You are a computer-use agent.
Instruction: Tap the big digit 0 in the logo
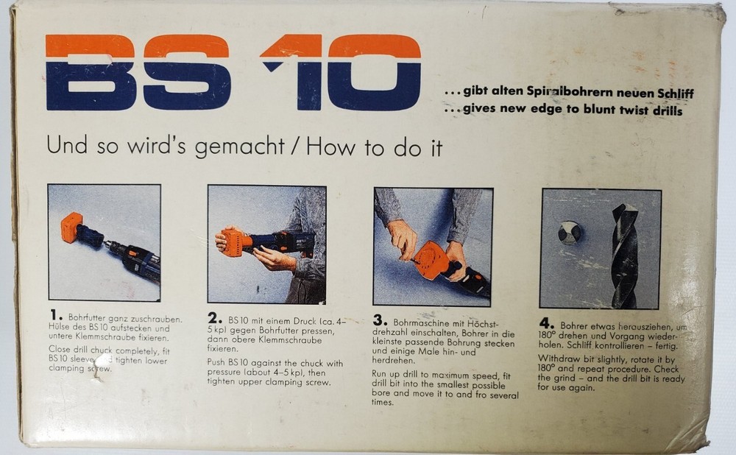[374, 71]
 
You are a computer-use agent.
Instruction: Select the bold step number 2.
[213, 319]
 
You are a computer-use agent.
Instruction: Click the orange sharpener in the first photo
[71, 227]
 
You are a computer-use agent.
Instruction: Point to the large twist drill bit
[624, 255]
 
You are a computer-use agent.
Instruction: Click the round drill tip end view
[569, 233]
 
